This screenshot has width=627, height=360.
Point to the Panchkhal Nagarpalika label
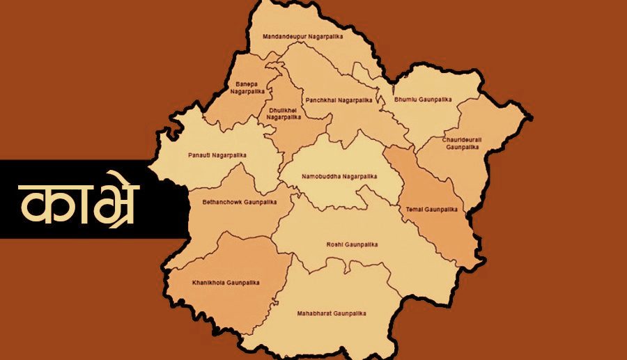click(339, 100)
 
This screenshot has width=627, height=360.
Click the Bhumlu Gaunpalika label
click(423, 100)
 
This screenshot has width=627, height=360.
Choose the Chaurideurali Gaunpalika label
click(460, 143)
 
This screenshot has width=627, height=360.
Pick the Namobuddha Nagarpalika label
click(339, 176)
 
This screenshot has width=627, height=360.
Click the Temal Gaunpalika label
click(431, 209)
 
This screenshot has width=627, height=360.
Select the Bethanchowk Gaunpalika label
click(239, 202)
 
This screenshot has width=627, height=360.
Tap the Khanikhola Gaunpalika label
click(226, 282)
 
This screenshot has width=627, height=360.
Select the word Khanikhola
click(208, 282)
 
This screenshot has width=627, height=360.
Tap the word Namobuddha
click(321, 176)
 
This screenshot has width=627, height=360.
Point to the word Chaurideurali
click(460, 140)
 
